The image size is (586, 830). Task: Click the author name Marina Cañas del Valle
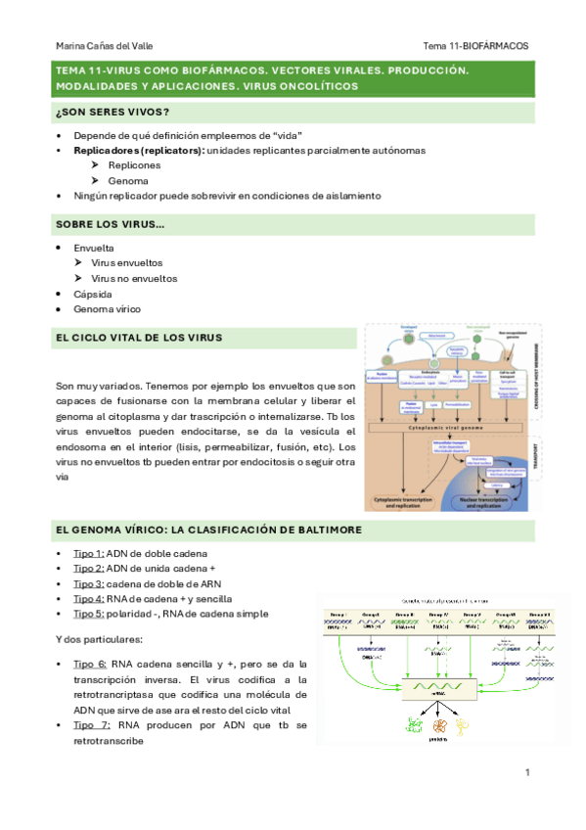click(x=104, y=46)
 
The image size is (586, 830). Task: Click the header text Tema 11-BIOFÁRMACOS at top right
click(x=475, y=46)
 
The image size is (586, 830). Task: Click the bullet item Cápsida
click(x=93, y=294)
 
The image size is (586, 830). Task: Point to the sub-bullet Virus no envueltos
click(x=134, y=279)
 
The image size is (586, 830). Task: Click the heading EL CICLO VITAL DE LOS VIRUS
click(x=139, y=338)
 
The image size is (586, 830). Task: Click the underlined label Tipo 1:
click(x=88, y=554)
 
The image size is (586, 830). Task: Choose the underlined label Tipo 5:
click(x=88, y=614)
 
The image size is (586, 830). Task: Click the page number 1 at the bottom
click(x=526, y=773)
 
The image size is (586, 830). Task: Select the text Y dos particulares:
click(x=100, y=639)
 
